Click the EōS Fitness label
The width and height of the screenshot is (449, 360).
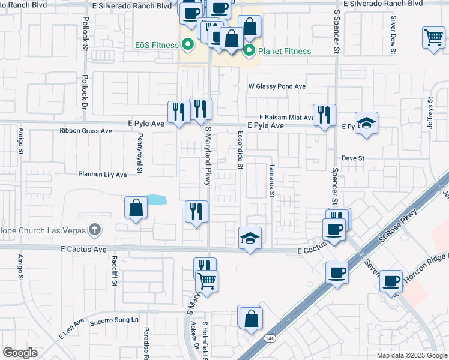[157, 45]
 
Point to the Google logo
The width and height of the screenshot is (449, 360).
[20, 353]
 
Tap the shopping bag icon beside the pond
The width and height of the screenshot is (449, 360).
[136, 208]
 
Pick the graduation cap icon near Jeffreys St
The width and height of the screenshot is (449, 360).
[366, 122]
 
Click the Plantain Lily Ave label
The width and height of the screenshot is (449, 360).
[103, 175]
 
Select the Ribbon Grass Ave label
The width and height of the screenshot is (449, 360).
[86, 130]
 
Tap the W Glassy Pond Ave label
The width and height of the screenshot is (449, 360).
[277, 86]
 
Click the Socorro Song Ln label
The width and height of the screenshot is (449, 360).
[114, 320]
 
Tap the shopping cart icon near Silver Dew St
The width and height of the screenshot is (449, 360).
[433, 37]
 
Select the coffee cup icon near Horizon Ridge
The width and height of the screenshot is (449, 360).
[391, 280]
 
